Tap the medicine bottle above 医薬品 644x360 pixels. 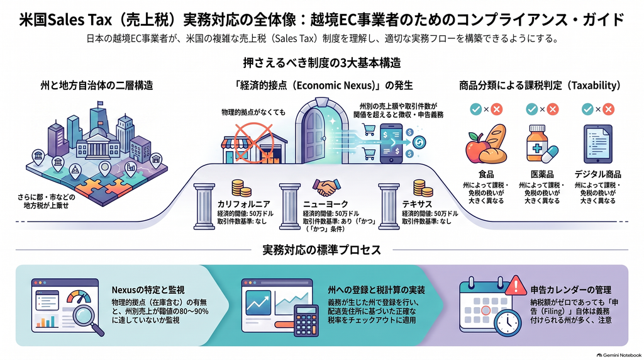pos(537,143)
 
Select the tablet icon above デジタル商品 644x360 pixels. pos(597,144)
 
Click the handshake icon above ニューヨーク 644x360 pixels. pos(326,188)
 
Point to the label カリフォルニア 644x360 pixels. pos(243,205)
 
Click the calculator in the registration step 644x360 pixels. pos(306,320)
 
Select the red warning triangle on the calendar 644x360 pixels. pos(516,285)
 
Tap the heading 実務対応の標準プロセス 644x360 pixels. pos(321,250)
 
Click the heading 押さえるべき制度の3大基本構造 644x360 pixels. pos(321,63)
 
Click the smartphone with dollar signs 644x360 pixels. pos(391,143)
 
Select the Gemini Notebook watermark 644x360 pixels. pos(619,355)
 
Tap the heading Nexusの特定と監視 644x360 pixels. pos(148,290)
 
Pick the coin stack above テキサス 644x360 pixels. pos(423,188)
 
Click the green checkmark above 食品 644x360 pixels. pos(475,109)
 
